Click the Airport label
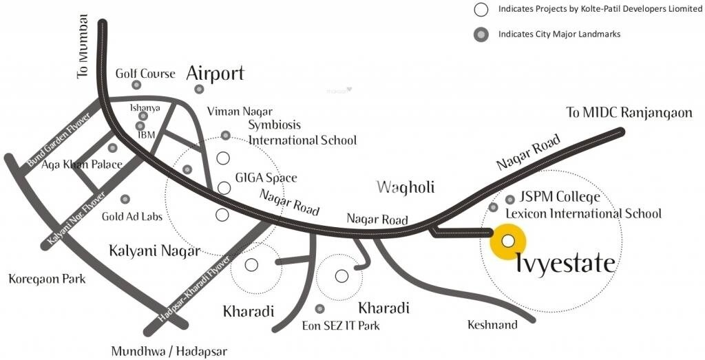pyautogui.click(x=215, y=74)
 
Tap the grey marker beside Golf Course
pyautogui.click(x=136, y=85)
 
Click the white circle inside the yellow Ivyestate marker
pyautogui.click(x=508, y=241)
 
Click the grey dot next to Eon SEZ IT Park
pyautogui.click(x=319, y=309)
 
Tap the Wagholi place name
pyautogui.click(x=406, y=187)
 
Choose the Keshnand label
pyautogui.click(x=492, y=325)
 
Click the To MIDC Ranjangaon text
pyautogui.click(x=629, y=112)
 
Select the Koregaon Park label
pyautogui.click(x=47, y=279)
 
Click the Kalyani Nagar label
pyautogui.click(x=154, y=251)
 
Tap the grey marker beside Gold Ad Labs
pyautogui.click(x=125, y=199)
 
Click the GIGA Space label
pyautogui.click(x=266, y=178)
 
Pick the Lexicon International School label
pyautogui.click(x=583, y=213)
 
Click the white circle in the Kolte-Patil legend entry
pyautogui.click(x=481, y=10)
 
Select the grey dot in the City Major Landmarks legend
pyautogui.click(x=481, y=34)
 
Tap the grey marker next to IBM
pyautogui.click(x=140, y=126)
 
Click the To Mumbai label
pyautogui.click(x=84, y=45)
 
